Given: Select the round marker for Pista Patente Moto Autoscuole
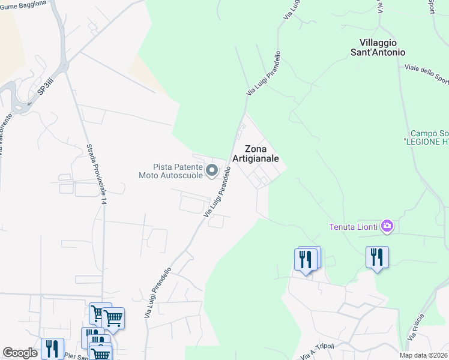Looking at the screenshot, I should [x=211, y=172].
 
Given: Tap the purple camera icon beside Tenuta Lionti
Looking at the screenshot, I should [x=387, y=226].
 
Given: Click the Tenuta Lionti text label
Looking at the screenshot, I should [x=353, y=227].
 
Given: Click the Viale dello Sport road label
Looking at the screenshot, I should [x=427, y=73].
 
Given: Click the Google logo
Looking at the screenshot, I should [x=20, y=353].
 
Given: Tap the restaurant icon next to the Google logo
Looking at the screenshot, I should [x=52, y=349].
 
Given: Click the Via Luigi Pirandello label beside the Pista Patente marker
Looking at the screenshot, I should [x=218, y=192].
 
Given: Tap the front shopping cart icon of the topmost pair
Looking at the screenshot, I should [x=113, y=319].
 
